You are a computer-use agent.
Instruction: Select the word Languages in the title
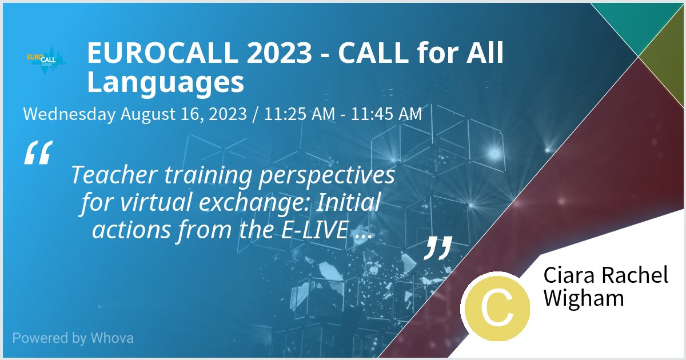coord(165,82)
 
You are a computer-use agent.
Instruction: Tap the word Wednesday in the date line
coord(69,114)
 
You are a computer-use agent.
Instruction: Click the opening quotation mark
coord(38,153)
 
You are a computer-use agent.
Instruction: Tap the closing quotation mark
coord(438,247)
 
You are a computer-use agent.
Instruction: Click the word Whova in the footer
coord(112,338)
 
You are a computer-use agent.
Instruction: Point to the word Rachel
coord(635,275)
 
